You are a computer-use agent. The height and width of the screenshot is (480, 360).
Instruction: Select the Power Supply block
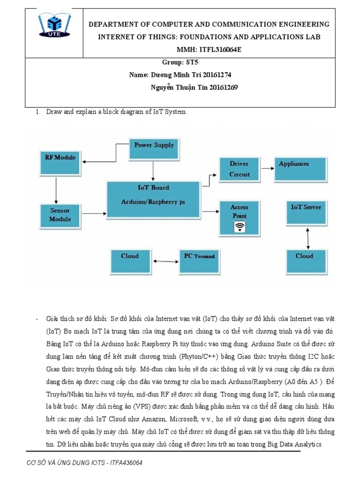(154, 148)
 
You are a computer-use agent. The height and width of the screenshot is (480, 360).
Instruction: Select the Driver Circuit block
(240, 169)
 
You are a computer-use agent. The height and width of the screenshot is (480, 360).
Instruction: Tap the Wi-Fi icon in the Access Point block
(240, 227)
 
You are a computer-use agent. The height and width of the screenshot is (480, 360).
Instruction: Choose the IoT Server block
(307, 213)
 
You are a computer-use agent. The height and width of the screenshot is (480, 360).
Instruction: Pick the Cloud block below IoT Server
(307, 262)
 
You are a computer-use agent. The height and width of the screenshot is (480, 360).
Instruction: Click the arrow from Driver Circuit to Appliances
(268, 167)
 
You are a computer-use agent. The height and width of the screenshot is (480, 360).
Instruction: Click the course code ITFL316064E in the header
(225, 50)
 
